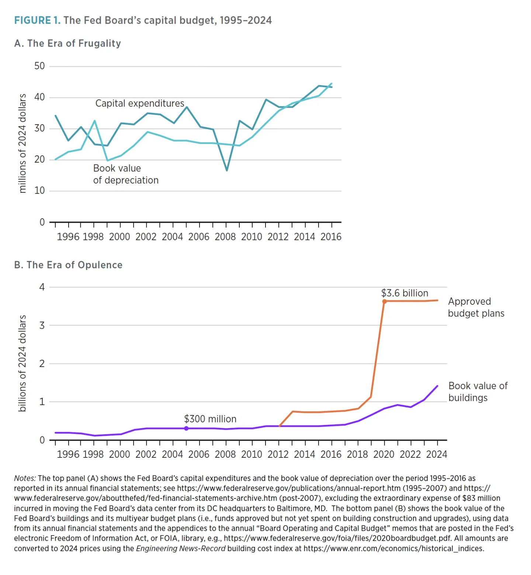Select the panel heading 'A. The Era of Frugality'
tap(67, 43)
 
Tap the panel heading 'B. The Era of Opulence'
tap(68, 265)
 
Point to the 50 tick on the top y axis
tap(39, 66)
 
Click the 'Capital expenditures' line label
tap(140, 103)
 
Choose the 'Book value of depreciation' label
tap(125, 174)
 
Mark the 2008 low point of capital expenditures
tap(227, 170)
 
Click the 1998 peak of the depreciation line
tap(94, 121)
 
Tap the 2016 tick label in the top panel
tap(331, 237)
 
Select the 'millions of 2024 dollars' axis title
tap(22, 143)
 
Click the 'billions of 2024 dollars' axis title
tap(22, 363)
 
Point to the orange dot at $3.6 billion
tap(384, 302)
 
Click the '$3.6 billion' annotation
tap(405, 293)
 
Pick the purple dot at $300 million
tap(186, 428)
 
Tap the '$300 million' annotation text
tap(210, 419)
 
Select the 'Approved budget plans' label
tap(476, 307)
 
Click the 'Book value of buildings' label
tap(478, 392)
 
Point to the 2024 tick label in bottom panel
tap(437, 454)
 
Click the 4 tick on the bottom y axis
tap(42, 287)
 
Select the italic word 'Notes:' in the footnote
tap(25, 478)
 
